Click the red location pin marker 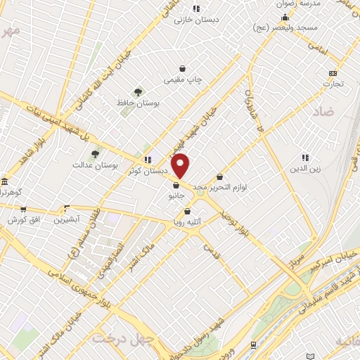tap(181, 165)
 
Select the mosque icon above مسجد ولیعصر tap(285, 17)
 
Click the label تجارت tap(333, 84)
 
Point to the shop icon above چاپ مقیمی tap(183, 69)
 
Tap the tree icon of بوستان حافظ tap(138, 91)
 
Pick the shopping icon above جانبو tap(175, 186)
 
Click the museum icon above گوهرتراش tap(4, 181)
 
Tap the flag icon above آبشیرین tap(67, 208)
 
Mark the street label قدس tap(210, 251)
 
